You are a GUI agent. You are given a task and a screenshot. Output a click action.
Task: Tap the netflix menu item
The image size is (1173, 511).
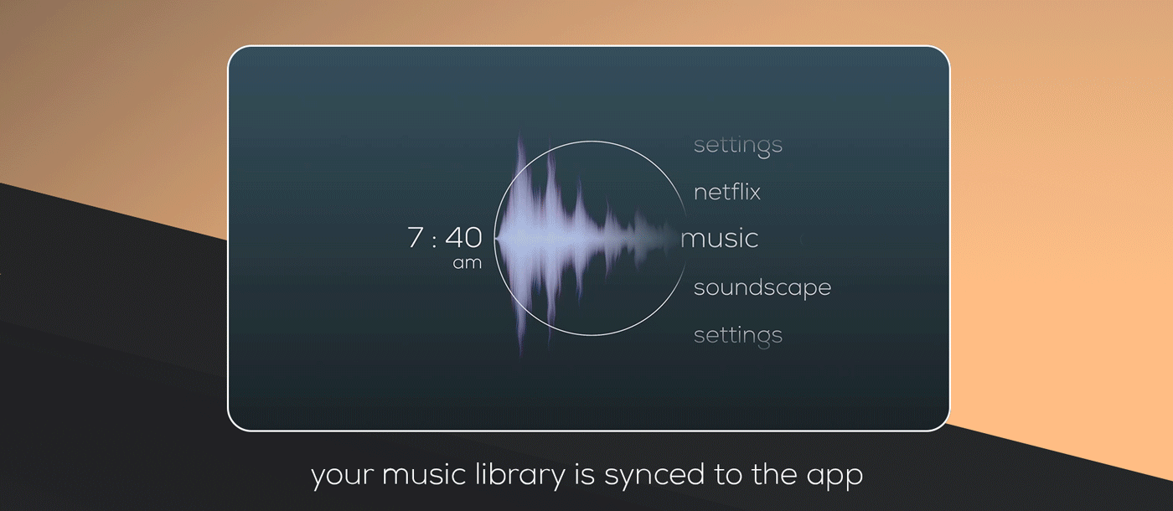coord(727,192)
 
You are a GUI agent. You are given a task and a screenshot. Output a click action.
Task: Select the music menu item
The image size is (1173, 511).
coord(719,239)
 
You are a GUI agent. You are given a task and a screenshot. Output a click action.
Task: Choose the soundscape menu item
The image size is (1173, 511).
coord(762,287)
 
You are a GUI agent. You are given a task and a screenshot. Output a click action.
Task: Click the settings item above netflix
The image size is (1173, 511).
coord(738,146)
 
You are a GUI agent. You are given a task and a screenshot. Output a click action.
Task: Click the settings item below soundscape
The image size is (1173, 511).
coord(738,336)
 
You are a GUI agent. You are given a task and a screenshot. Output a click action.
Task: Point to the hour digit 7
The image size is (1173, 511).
coord(416,238)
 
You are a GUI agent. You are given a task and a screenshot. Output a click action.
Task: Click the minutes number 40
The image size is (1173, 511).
coord(463,238)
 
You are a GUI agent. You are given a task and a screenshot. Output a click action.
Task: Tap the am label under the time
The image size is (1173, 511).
coord(468,263)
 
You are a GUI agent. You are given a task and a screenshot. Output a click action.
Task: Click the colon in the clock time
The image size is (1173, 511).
coord(434,240)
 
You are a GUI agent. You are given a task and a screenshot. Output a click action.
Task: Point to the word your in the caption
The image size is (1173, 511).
coord(342,477)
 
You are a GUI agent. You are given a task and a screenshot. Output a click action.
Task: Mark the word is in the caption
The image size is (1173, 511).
coord(585,474)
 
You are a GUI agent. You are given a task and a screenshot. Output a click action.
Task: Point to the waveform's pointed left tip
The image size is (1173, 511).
coord(495,239)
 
